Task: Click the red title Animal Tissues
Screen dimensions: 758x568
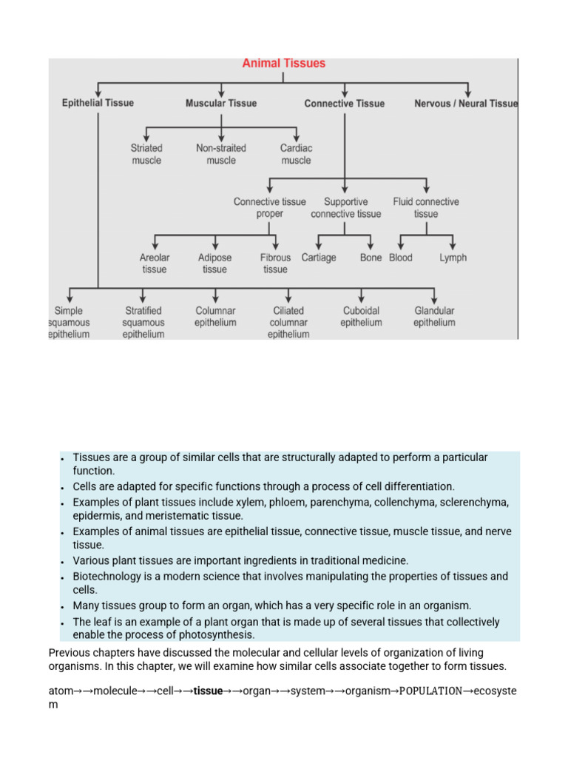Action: (x=283, y=64)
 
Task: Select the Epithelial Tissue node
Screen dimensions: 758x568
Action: (x=98, y=104)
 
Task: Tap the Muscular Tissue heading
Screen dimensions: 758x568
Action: (x=220, y=104)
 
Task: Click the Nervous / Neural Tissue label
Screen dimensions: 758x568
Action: (x=466, y=104)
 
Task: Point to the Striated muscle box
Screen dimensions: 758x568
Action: (x=146, y=154)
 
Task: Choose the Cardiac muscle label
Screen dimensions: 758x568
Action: (x=296, y=154)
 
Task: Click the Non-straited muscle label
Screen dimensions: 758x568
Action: (x=221, y=154)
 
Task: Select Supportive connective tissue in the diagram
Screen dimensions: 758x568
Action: (x=346, y=208)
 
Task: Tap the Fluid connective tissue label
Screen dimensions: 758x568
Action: (x=426, y=208)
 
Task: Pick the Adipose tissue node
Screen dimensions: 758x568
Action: (x=214, y=264)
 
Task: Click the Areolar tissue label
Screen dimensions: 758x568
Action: (x=155, y=264)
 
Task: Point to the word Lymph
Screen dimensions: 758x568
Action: (x=453, y=258)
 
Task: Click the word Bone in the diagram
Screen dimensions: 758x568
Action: (x=371, y=258)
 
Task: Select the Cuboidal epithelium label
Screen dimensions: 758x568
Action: (x=361, y=317)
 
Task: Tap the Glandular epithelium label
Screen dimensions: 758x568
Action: (x=434, y=317)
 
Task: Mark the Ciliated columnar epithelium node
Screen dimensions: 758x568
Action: (x=288, y=323)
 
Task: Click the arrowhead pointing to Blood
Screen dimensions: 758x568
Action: (x=400, y=246)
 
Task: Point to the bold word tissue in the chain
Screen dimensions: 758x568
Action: (x=208, y=691)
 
